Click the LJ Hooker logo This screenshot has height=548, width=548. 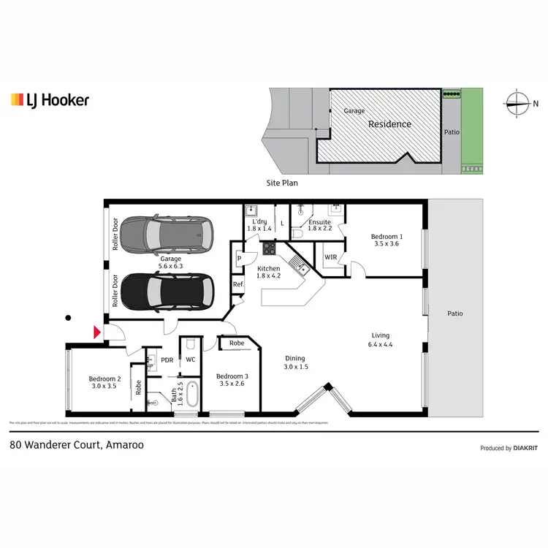(x=50, y=99)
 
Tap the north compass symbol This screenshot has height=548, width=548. (x=520, y=102)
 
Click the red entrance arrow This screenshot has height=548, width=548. (x=96, y=333)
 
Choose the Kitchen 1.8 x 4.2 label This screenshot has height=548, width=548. (x=268, y=273)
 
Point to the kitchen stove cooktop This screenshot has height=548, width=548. (x=269, y=248)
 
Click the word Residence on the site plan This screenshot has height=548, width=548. (x=389, y=124)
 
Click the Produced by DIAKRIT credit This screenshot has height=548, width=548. (x=509, y=448)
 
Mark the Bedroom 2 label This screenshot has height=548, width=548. (x=104, y=383)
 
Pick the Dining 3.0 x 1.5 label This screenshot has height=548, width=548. (x=296, y=362)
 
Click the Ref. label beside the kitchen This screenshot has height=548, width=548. (x=237, y=285)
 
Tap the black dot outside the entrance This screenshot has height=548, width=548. (x=68, y=317)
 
